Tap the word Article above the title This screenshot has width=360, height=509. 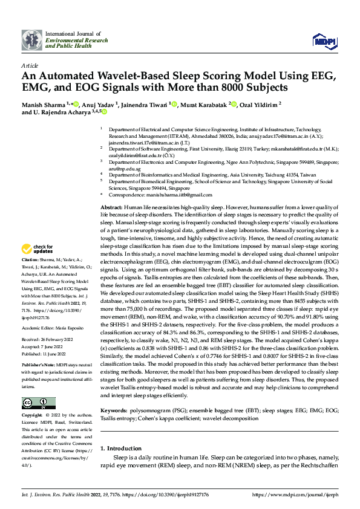point(29,65)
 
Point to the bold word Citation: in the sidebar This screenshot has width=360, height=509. point(31,276)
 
